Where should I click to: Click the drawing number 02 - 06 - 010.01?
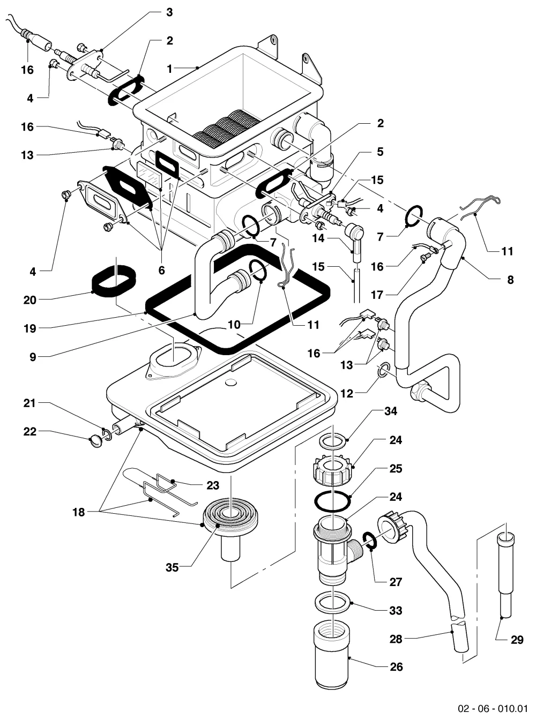[x=493, y=708]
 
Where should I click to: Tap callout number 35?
[x=172, y=568]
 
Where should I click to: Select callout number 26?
[x=396, y=667]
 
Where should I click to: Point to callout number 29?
[x=517, y=640]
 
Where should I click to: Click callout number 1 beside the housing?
[x=169, y=69]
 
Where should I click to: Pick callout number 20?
[x=29, y=300]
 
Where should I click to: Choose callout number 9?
[x=33, y=357]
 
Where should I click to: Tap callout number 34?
[x=391, y=411]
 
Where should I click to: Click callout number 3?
[x=169, y=13]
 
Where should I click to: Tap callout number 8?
[x=510, y=280]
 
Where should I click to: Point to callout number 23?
[x=213, y=485]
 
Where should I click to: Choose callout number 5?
[x=380, y=152]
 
